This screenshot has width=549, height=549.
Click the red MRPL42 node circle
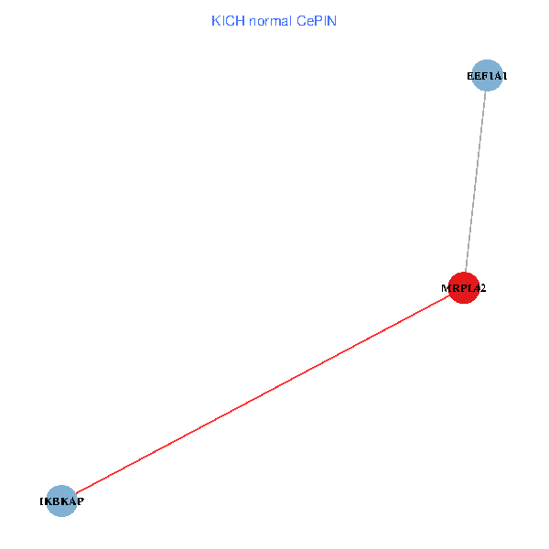pyautogui.click(x=464, y=287)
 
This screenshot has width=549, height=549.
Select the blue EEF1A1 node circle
pyautogui.click(x=488, y=76)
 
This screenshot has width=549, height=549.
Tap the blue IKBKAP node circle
pyautogui.click(x=61, y=501)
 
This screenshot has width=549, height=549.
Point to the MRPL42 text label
pyautogui.click(x=464, y=288)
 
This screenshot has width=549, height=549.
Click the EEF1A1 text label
pyautogui.click(x=487, y=77)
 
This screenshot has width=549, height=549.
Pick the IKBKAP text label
pyautogui.click(x=61, y=501)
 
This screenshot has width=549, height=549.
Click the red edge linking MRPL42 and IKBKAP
pyautogui.click(x=263, y=393)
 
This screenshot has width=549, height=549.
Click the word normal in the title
pyautogui.click(x=271, y=20)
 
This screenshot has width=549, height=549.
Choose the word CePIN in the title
pyautogui.click(x=317, y=20)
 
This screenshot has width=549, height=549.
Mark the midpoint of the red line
pyautogui.click(x=263, y=393)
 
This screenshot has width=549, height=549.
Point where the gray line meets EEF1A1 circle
pyautogui.click(x=486, y=92)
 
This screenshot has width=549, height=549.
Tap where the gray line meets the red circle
pyautogui.click(x=466, y=272)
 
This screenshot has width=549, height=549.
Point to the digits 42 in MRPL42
pyautogui.click(x=480, y=288)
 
